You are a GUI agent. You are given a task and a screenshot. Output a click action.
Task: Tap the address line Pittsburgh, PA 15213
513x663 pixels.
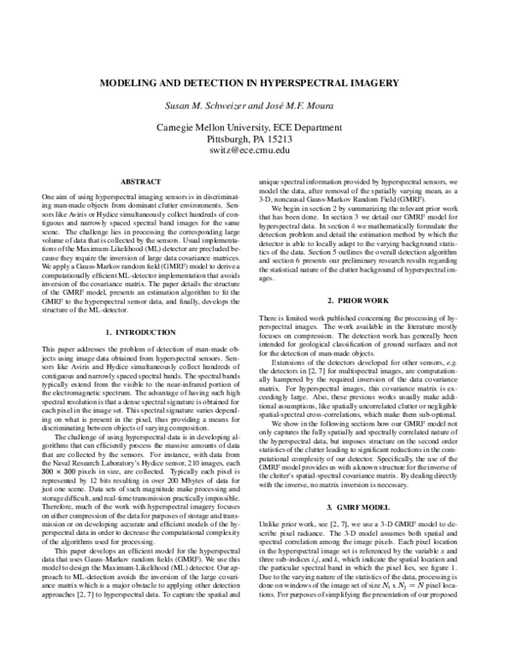[x=256, y=138]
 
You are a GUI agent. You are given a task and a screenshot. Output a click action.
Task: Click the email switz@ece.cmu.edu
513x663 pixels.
[x=256, y=150]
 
